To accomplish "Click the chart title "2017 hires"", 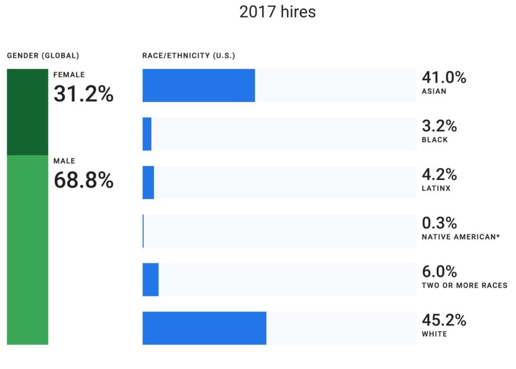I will [278, 12].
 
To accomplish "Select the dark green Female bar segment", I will [27, 111].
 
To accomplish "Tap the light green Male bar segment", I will [27, 250].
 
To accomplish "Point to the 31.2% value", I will [84, 94].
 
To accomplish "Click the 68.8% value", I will [84, 180].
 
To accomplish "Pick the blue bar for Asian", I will [199, 85].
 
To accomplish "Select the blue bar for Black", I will [147, 134].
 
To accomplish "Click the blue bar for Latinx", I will [148, 182].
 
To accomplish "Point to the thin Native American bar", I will [143, 230].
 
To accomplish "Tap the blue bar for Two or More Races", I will [150, 279].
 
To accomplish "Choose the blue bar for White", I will [204, 328].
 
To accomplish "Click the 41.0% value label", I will [443, 78].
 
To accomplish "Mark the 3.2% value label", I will [439, 126].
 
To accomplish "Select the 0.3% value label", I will [439, 223].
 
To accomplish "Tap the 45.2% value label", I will [443, 320].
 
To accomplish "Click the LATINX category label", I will [436, 189].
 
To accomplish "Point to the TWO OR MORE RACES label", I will [464, 285].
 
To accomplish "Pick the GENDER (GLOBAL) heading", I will [43, 55].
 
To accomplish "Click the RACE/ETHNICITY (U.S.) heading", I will [188, 55].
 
